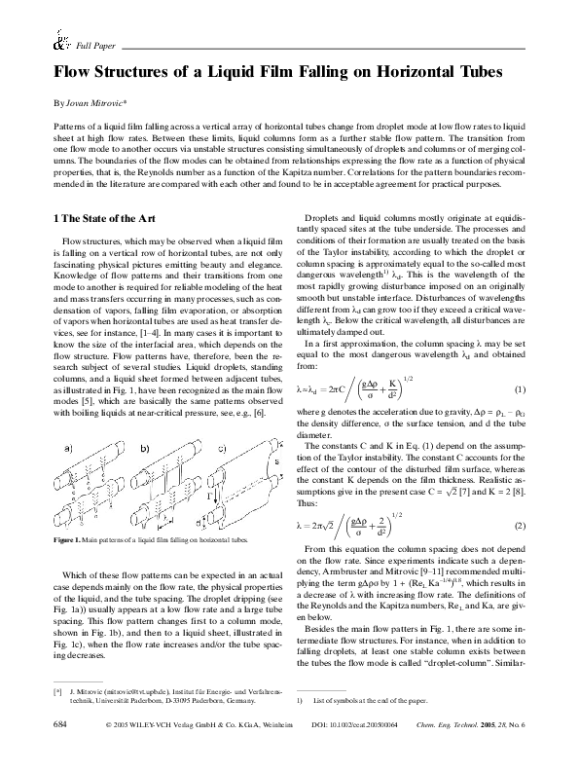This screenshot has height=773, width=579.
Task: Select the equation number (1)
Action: (521, 417)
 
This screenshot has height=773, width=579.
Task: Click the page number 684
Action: (59, 753)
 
